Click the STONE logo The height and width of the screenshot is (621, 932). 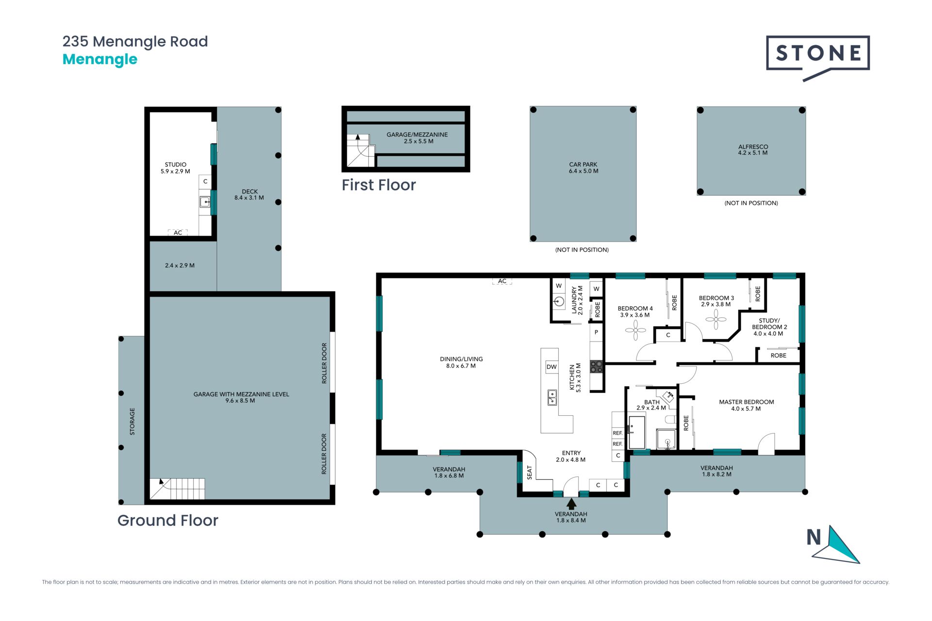817,57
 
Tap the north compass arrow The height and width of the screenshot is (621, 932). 839,545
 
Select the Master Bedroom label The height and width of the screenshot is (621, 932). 746,405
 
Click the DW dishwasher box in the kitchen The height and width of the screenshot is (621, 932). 551,367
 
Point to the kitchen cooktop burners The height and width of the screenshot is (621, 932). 596,367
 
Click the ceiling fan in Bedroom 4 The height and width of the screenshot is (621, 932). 635,330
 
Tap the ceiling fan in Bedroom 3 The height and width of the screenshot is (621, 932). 716,319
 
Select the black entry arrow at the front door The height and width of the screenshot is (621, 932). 571,504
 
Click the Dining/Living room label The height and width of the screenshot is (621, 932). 461,362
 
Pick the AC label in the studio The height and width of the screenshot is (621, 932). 178,233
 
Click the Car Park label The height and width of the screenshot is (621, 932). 583,168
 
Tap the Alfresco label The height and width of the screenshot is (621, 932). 753,149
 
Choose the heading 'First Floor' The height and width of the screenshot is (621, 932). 379,185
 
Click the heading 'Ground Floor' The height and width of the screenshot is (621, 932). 168,520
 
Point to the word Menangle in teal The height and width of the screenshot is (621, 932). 100,59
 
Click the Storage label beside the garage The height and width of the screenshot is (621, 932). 132,421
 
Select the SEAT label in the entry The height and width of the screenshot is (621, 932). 530,473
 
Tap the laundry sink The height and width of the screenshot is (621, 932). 559,302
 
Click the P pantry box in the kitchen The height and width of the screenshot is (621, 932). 596,332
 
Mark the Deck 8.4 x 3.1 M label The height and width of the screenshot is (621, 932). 249,195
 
